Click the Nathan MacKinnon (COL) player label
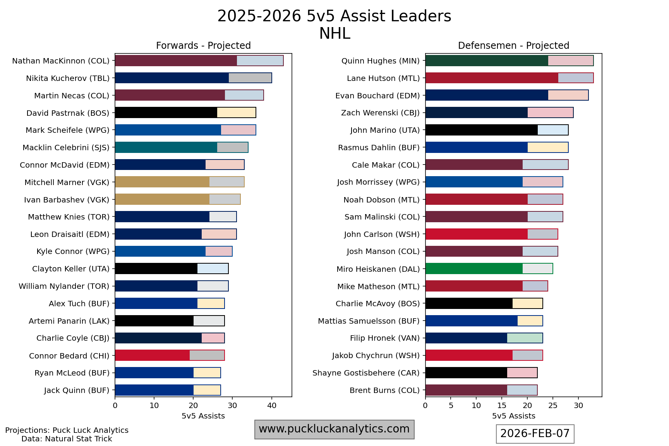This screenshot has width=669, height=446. coord(61,61)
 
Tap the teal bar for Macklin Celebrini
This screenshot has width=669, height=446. coord(166,148)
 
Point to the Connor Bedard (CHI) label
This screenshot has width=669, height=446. coord(69,355)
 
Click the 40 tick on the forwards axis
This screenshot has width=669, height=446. coord(272,405)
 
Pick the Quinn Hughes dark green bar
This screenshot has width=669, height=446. coord(487,61)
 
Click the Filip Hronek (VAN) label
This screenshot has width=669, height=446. coord(385,338)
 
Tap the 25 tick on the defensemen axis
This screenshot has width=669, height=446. coord(553,405)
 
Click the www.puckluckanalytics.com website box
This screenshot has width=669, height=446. coord(334,429)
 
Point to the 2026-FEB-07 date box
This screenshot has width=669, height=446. coord(535,433)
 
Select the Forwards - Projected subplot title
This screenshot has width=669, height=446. coord(203,46)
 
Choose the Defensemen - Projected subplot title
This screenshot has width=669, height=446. coord(513,46)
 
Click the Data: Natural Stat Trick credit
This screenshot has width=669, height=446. coord(67,439)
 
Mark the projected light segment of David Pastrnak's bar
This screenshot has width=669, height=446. coord(236,113)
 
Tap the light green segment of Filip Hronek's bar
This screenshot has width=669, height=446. coord(525,338)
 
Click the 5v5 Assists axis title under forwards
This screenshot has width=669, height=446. coord(203,416)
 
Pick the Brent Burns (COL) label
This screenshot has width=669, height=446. coord(384,390)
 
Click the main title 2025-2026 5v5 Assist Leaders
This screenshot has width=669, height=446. coord(334,16)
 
